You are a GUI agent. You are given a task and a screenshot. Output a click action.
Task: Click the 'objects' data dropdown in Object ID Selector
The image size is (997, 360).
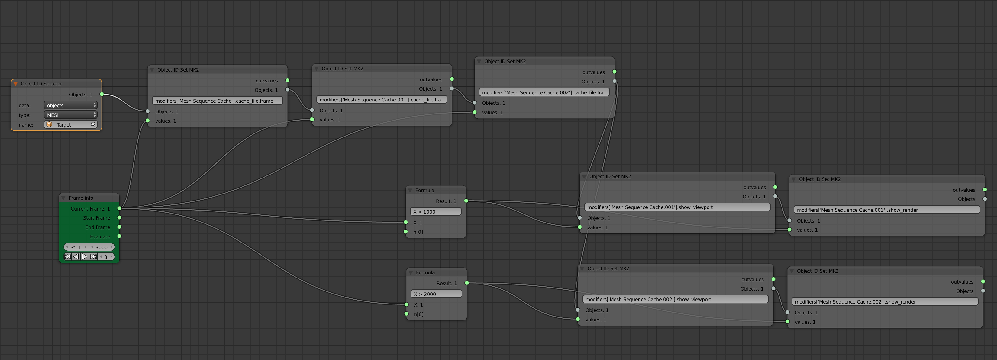click(x=70, y=105)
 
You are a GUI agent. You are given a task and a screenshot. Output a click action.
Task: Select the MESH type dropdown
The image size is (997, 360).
click(x=70, y=115)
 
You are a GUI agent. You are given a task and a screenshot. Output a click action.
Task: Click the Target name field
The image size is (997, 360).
click(x=68, y=125)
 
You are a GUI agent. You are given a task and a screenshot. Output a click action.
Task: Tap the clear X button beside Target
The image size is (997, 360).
click(x=93, y=124)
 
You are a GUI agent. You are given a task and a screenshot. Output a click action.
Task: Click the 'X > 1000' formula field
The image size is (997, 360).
click(x=435, y=212)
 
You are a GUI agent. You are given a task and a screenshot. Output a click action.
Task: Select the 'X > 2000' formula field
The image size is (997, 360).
click(x=436, y=294)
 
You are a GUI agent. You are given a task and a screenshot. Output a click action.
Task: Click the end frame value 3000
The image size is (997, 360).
click(x=102, y=247)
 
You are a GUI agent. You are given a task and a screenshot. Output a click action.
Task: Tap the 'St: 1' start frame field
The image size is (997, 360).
click(x=76, y=247)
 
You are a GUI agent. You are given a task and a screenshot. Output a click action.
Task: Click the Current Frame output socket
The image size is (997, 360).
click(x=119, y=208)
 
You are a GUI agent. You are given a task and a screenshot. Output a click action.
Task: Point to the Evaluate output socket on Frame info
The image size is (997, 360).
click(x=119, y=236)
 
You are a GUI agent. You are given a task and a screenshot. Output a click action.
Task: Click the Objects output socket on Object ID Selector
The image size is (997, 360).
click(x=102, y=94)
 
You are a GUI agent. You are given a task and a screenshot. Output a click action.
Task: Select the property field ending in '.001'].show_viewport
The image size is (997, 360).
click(x=677, y=207)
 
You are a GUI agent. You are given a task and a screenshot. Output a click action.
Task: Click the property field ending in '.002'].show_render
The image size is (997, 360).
click(x=884, y=301)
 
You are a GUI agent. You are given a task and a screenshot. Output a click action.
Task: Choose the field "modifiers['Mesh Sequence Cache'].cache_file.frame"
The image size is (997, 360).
click(x=217, y=101)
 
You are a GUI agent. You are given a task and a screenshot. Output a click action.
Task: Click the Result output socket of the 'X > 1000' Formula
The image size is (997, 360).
click(x=466, y=201)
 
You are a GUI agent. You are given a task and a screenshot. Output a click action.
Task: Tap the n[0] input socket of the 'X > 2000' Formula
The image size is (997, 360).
click(x=406, y=314)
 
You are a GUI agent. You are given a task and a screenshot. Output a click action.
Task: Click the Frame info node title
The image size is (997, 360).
click(x=81, y=198)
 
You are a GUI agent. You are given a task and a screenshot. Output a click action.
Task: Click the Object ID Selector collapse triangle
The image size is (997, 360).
click(x=15, y=84)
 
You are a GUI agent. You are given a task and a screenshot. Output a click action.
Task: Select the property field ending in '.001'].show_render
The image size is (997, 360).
click(x=886, y=210)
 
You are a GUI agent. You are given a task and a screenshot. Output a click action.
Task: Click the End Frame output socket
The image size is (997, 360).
click(x=119, y=227)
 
